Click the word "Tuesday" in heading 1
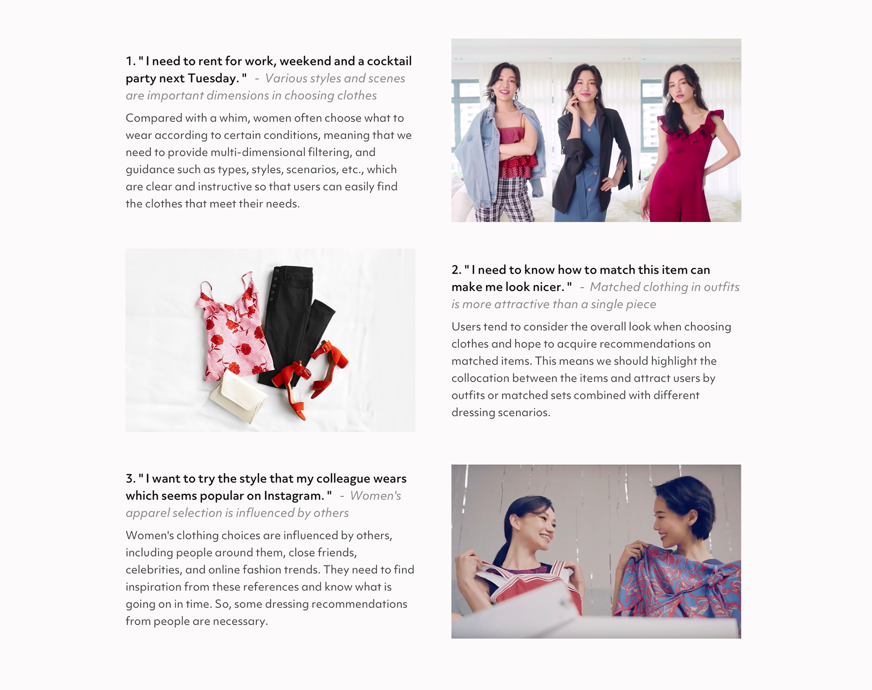point(213,79)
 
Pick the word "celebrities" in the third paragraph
point(154,570)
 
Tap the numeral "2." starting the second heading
point(456,270)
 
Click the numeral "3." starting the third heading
point(131,479)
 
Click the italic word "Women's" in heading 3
point(376,496)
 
